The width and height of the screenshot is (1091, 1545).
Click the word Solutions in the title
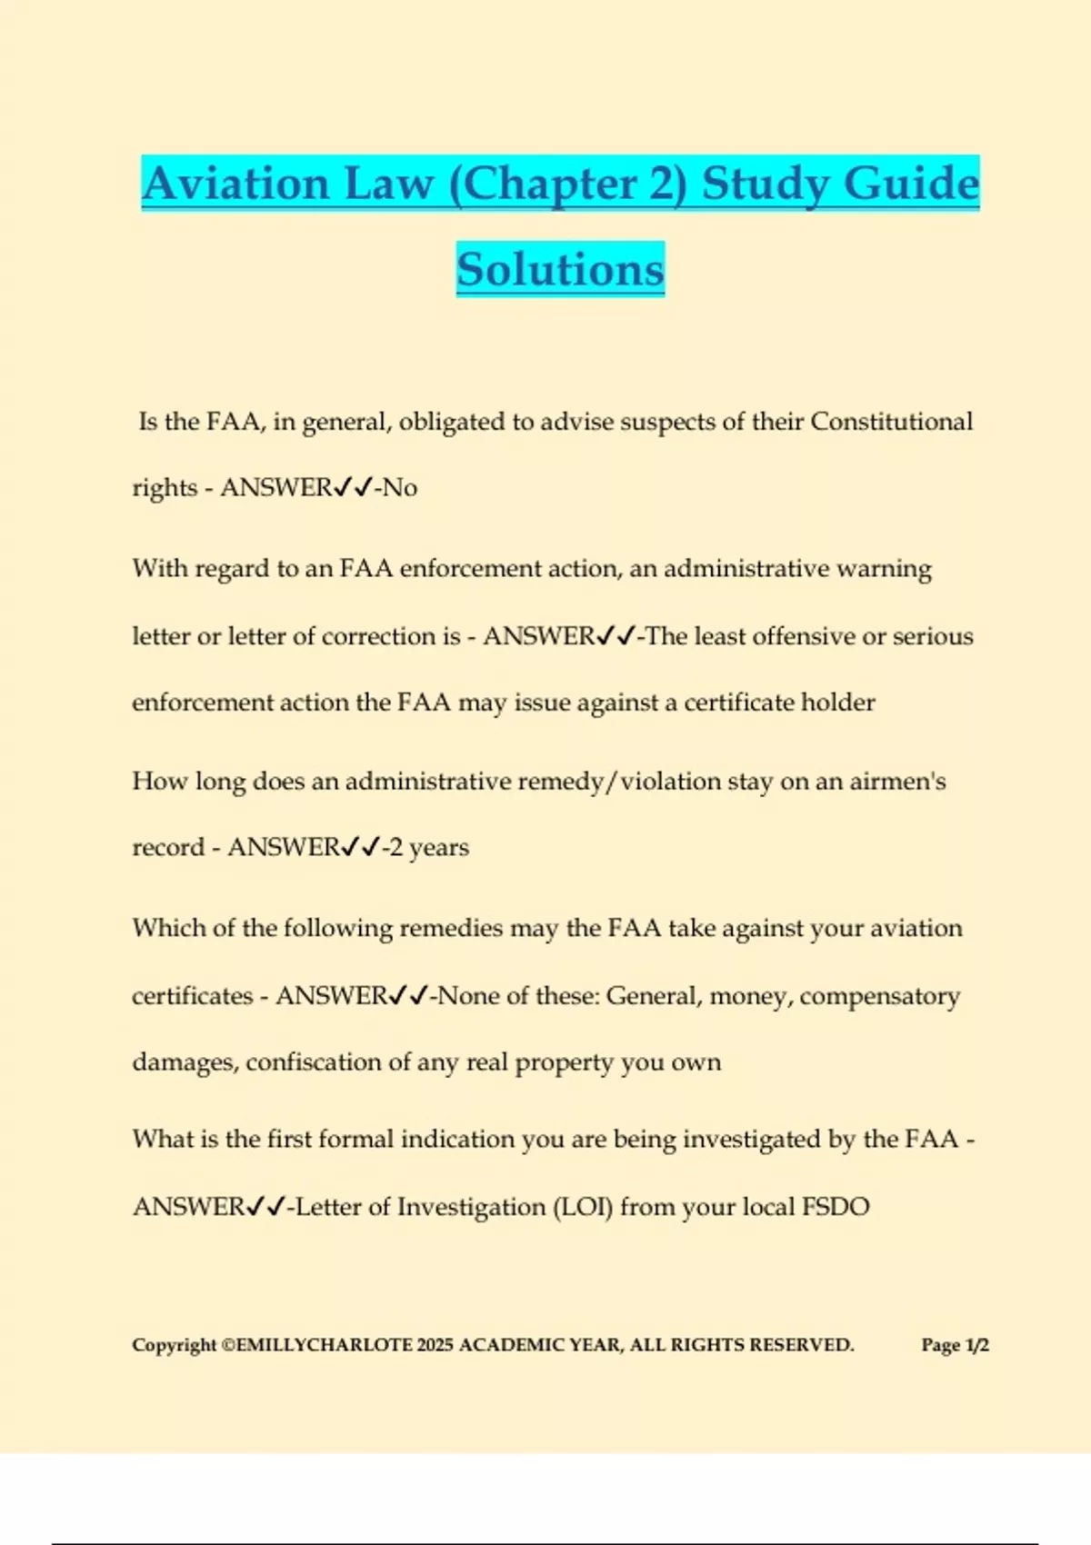(x=560, y=270)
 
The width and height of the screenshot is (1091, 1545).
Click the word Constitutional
(x=891, y=422)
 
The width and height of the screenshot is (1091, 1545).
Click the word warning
(x=884, y=569)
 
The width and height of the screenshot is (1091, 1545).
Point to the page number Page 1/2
(x=955, y=1345)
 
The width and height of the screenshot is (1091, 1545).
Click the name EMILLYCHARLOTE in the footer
(x=324, y=1345)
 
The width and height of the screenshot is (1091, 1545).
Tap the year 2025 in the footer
(x=435, y=1345)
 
